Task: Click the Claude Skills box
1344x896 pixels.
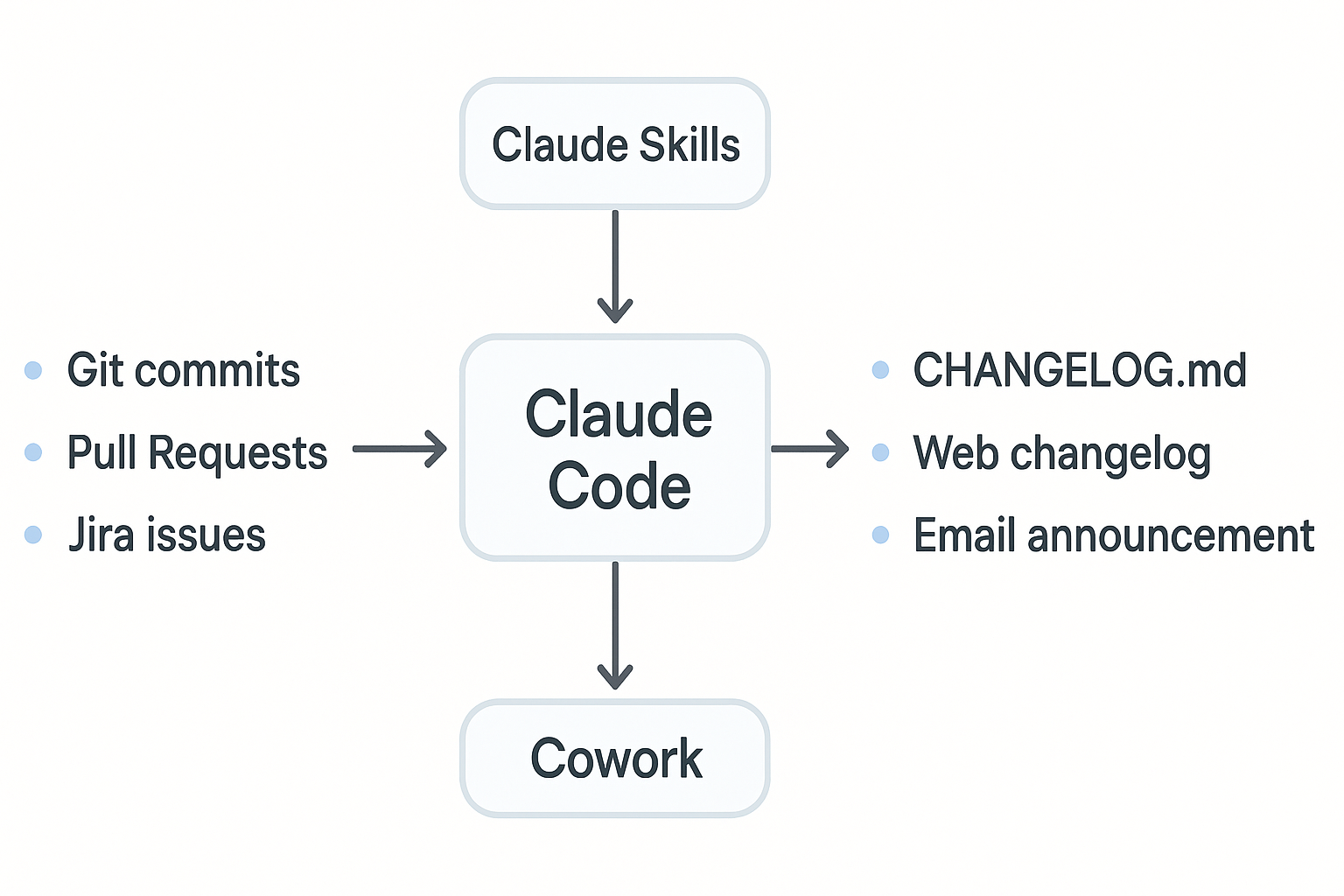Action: [614, 144]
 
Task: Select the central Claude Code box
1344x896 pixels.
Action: [614, 448]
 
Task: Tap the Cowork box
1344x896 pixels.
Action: [614, 758]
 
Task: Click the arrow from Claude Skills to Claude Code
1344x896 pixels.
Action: [615, 267]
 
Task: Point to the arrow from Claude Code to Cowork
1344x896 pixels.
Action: [615, 626]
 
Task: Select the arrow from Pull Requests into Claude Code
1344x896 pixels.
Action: [399, 449]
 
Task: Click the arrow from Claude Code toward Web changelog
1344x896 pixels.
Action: [809, 449]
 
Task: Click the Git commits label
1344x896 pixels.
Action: [184, 370]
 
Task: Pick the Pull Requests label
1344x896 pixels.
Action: [197, 453]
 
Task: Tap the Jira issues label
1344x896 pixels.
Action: [166, 535]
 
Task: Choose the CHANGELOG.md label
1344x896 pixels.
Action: [1080, 370]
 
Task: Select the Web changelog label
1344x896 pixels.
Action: [1061, 453]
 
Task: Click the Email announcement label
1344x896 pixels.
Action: [1113, 535]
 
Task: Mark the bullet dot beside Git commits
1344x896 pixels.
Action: [33, 370]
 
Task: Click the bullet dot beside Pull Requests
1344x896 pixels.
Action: [33, 452]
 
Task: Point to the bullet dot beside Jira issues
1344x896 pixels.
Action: [33, 535]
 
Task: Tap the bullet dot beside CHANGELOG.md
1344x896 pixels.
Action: [880, 370]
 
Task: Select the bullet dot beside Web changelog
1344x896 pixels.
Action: [880, 452]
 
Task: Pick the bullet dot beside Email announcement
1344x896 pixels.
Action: [880, 535]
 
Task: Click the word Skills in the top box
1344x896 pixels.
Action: [689, 144]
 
